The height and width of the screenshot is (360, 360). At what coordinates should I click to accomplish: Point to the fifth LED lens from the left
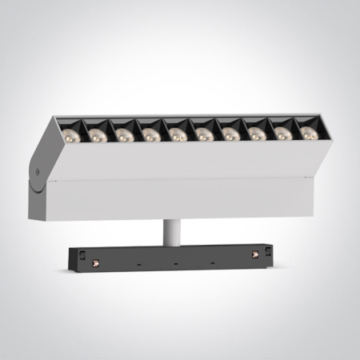point(178,135)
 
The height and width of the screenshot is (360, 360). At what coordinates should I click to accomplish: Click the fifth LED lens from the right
point(204,134)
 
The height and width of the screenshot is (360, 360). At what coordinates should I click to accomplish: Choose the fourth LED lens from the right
point(230,134)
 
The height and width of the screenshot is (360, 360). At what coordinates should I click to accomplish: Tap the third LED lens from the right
point(257,134)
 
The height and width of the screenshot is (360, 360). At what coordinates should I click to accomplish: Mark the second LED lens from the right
point(283,134)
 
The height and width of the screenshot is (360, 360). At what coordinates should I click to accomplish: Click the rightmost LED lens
point(308,133)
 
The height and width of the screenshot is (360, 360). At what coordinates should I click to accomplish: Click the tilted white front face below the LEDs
point(184,160)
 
